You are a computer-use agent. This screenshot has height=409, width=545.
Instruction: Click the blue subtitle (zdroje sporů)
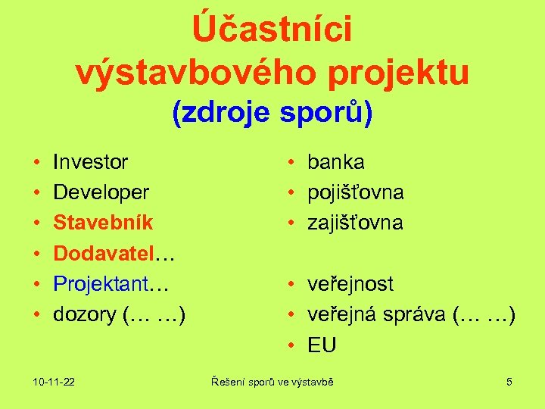click(x=272, y=114)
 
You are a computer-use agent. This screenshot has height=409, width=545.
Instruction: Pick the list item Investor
click(x=90, y=162)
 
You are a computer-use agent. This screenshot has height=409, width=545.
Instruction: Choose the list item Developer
click(x=101, y=192)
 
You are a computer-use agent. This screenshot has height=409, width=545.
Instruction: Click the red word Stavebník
click(x=102, y=223)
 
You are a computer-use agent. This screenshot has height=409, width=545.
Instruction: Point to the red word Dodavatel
click(x=104, y=253)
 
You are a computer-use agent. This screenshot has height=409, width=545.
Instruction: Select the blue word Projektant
click(x=100, y=283)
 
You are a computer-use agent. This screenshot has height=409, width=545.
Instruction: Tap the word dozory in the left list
click(x=84, y=314)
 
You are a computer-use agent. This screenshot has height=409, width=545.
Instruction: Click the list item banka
click(x=335, y=162)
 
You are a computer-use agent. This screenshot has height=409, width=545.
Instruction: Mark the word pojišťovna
click(x=355, y=192)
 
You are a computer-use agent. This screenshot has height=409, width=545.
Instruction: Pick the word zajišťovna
click(x=355, y=223)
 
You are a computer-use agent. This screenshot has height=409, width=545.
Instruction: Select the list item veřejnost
click(x=350, y=284)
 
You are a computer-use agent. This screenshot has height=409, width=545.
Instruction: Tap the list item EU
click(x=321, y=345)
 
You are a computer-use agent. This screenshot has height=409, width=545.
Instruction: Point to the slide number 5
click(x=509, y=382)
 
